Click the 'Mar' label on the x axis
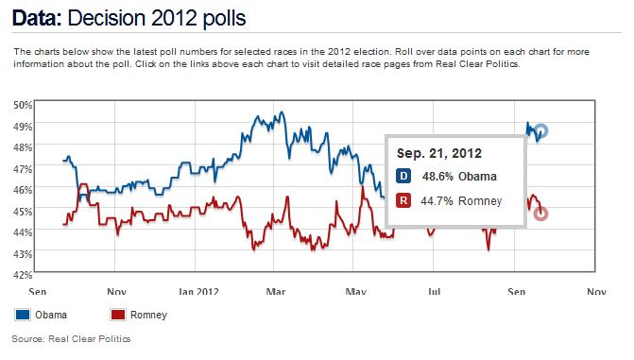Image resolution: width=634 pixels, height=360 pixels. pyautogui.click(x=276, y=292)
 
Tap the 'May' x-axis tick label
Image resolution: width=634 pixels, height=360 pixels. pyautogui.click(x=355, y=292)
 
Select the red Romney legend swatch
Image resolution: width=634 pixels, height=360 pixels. pyautogui.click(x=120, y=316)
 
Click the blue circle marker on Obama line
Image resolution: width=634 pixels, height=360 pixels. pyautogui.click(x=540, y=131)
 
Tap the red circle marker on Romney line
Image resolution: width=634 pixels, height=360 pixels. pyautogui.click(x=540, y=214)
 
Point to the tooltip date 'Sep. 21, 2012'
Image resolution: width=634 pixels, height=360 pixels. pyautogui.click(x=439, y=152)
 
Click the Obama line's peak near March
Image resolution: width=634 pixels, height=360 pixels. pyautogui.click(x=257, y=114)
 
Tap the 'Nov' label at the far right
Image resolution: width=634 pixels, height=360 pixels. pyautogui.click(x=593, y=292)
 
